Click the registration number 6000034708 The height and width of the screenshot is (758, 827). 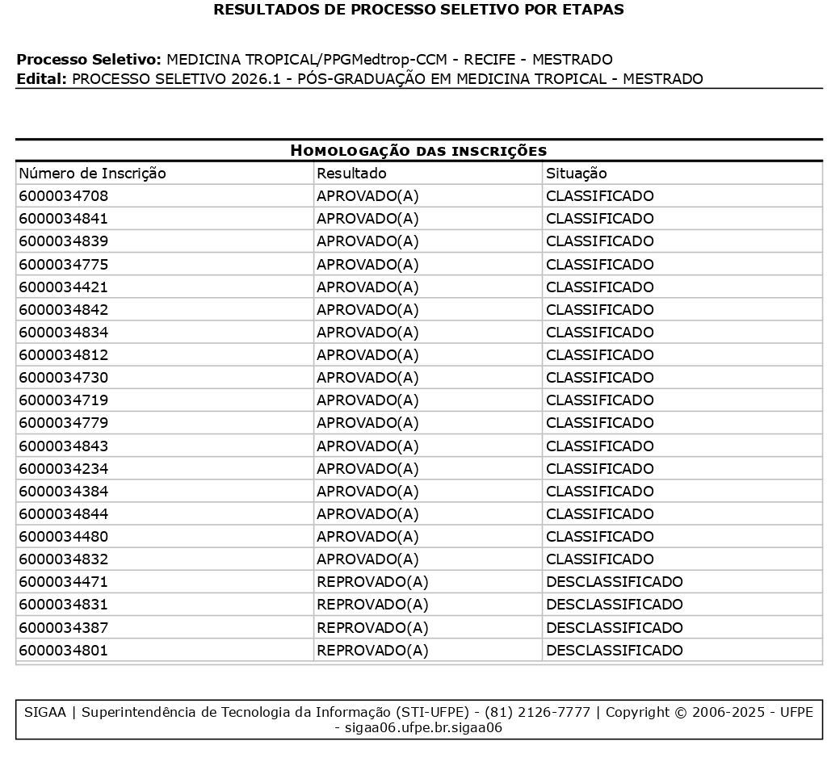coord(63,196)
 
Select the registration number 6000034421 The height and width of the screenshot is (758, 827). coord(63,287)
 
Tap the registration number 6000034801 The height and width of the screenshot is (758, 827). coord(63,651)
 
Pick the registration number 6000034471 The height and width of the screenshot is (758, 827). coord(63,582)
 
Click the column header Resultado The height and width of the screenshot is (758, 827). coord(351,174)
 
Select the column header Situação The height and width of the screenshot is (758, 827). coord(576,174)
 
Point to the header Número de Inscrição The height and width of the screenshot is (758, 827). coord(92,174)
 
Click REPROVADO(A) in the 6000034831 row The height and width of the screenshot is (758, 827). coord(372,605)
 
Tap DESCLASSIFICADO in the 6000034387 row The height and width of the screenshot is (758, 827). coord(614,628)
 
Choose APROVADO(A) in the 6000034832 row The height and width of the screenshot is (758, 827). coord(367,559)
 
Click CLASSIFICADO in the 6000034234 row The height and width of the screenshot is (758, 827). coord(599,469)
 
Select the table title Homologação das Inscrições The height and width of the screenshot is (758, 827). coord(418,151)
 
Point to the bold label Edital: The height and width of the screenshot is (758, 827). coord(41,79)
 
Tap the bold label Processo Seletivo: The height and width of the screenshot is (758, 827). coord(89,60)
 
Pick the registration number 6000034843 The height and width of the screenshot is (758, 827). coord(63,446)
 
